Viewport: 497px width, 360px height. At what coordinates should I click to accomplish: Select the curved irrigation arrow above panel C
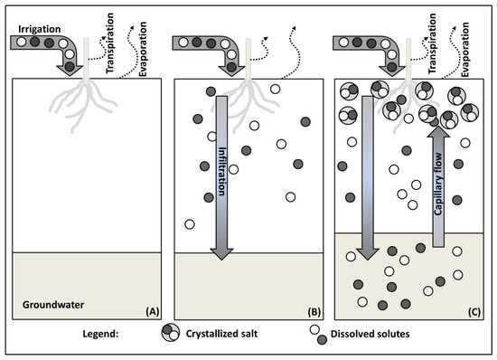point(370,50)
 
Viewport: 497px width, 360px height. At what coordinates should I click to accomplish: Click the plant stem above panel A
point(86,59)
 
